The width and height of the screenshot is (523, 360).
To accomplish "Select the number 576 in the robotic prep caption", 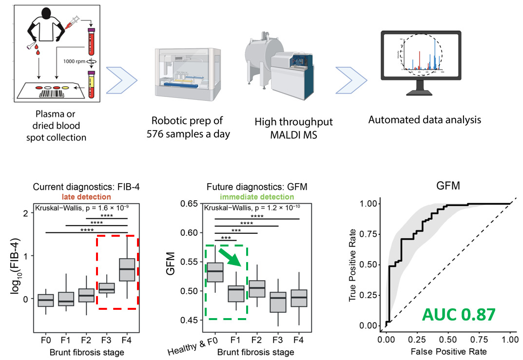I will (157, 134).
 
